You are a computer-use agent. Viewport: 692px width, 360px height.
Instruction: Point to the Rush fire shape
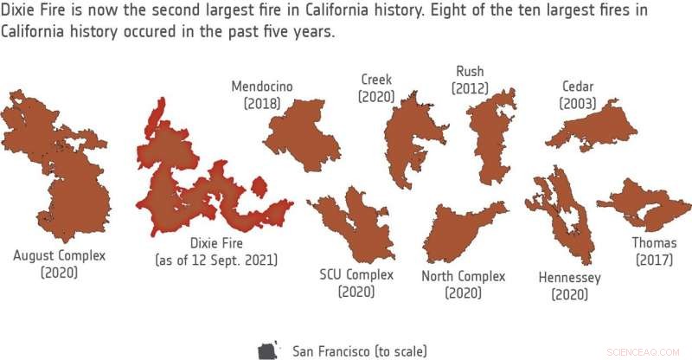point(493,138)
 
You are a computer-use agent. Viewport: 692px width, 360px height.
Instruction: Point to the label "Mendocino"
point(262,86)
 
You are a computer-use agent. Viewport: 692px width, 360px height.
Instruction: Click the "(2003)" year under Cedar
point(577,103)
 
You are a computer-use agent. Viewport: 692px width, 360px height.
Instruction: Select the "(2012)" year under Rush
point(470,87)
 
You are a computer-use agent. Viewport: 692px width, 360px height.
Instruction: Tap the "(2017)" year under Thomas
point(654,260)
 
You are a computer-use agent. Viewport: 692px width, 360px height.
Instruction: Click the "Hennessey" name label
point(569,278)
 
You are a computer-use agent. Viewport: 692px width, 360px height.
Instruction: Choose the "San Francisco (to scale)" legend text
point(359,350)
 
